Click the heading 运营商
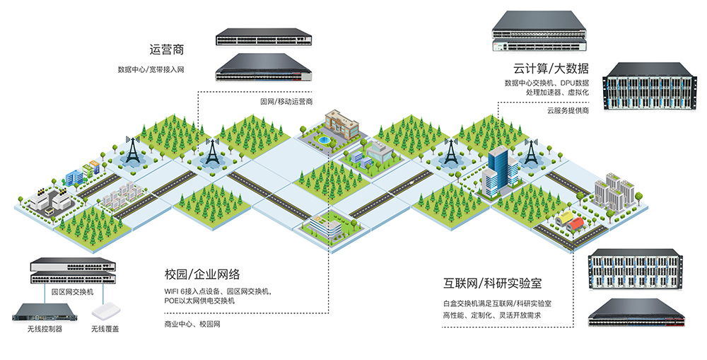(167, 50)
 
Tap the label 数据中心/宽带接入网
(151, 69)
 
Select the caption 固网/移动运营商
(286, 102)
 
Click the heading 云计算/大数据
(551, 68)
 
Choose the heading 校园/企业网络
(202, 274)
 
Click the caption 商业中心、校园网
(192, 324)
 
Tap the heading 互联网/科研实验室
(492, 284)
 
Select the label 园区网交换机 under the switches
(72, 292)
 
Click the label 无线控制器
(45, 329)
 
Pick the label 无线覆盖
(105, 329)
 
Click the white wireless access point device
(107, 311)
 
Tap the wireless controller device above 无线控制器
(45, 312)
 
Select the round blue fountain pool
(323, 140)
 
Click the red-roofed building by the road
(575, 223)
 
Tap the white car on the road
(412, 182)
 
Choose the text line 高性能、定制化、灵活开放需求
(491, 315)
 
